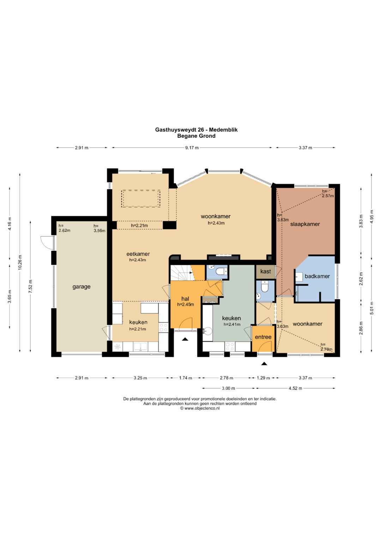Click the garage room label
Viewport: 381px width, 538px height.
81,286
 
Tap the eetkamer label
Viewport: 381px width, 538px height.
138,254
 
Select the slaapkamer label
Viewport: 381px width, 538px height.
305,224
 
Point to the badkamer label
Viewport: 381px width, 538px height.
317,276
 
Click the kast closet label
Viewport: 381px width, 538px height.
266,271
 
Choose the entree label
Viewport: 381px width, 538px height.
263,337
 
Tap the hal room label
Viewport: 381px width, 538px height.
185,299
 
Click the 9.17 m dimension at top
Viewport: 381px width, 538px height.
192,148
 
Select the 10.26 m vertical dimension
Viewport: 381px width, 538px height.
20,263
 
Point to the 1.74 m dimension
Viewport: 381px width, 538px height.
186,378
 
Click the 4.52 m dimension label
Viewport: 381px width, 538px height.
295,388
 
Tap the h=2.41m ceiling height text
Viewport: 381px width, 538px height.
232,324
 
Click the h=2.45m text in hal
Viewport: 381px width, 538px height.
186,304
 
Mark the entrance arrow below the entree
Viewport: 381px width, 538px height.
264,364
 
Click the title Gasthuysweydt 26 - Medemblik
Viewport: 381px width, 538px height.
196,130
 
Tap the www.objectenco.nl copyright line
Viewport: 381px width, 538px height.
200,408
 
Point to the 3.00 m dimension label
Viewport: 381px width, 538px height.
228,388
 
